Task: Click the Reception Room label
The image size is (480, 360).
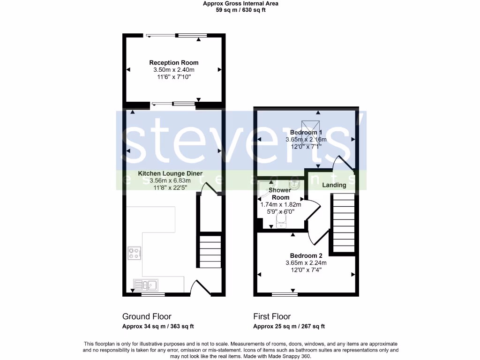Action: point(174,62)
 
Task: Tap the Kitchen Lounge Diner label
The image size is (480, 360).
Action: point(170,173)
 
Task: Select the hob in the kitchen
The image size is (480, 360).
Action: point(135,253)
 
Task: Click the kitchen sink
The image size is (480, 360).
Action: point(146,284)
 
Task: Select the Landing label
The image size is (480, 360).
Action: point(334,185)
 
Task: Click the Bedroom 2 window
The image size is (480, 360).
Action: point(285,294)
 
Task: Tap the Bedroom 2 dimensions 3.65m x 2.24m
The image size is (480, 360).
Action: point(306,263)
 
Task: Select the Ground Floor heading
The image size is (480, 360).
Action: point(147,316)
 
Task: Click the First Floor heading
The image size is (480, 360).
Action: point(272,316)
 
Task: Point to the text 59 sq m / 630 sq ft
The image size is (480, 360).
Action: point(240,10)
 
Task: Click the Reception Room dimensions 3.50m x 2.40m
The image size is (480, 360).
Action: point(174,70)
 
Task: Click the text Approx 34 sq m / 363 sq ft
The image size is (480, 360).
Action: point(158,327)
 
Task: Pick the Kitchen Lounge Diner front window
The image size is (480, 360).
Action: point(153,294)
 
